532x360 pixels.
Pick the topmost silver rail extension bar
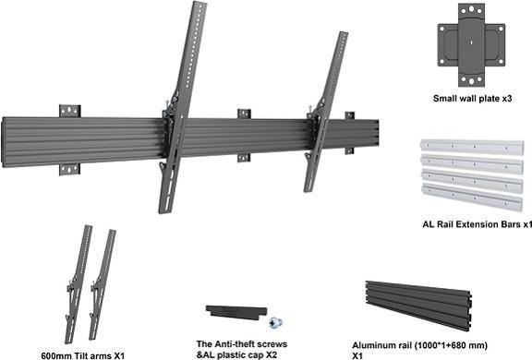(470, 148)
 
